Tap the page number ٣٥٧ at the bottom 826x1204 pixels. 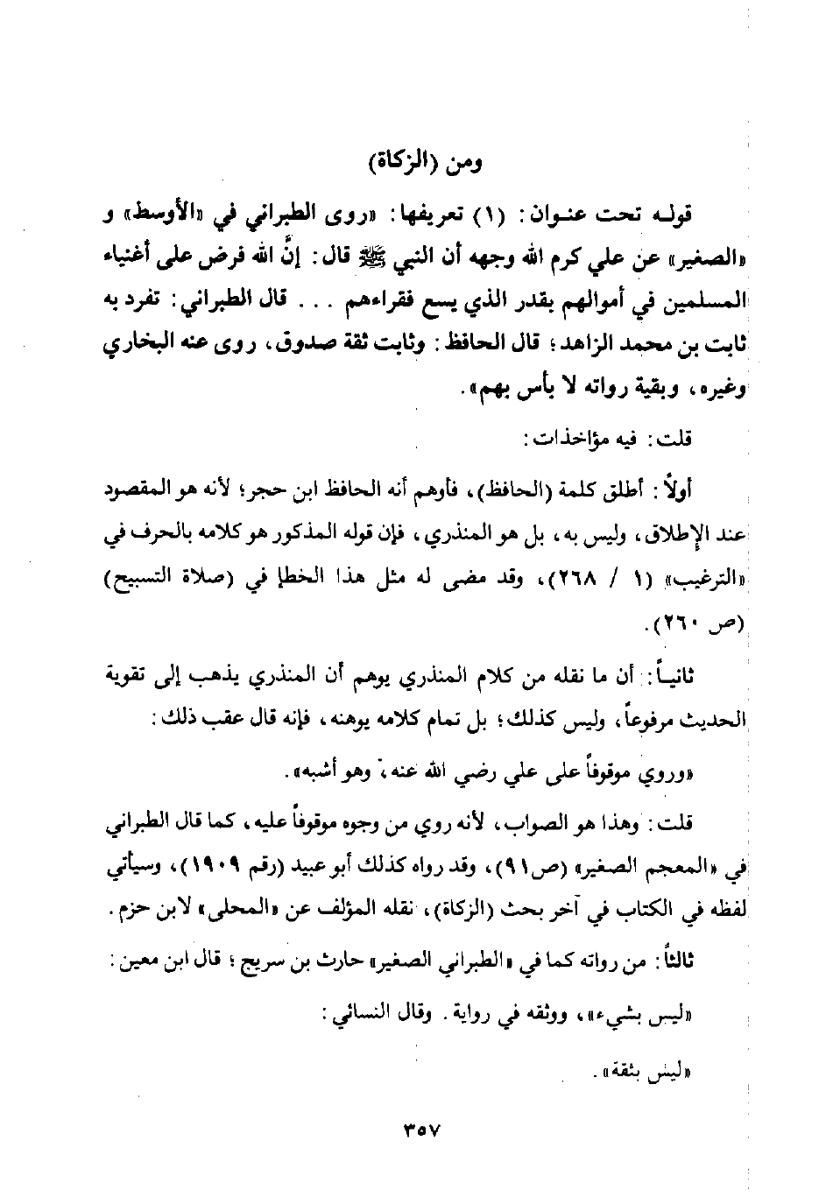tap(423, 1130)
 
